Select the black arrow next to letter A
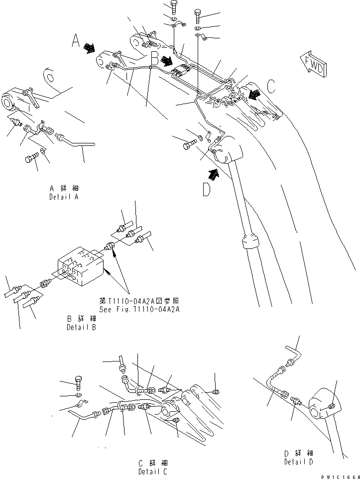[90, 47]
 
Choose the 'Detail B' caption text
[81, 324]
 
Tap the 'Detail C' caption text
[153, 468]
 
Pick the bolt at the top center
[173, 7]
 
